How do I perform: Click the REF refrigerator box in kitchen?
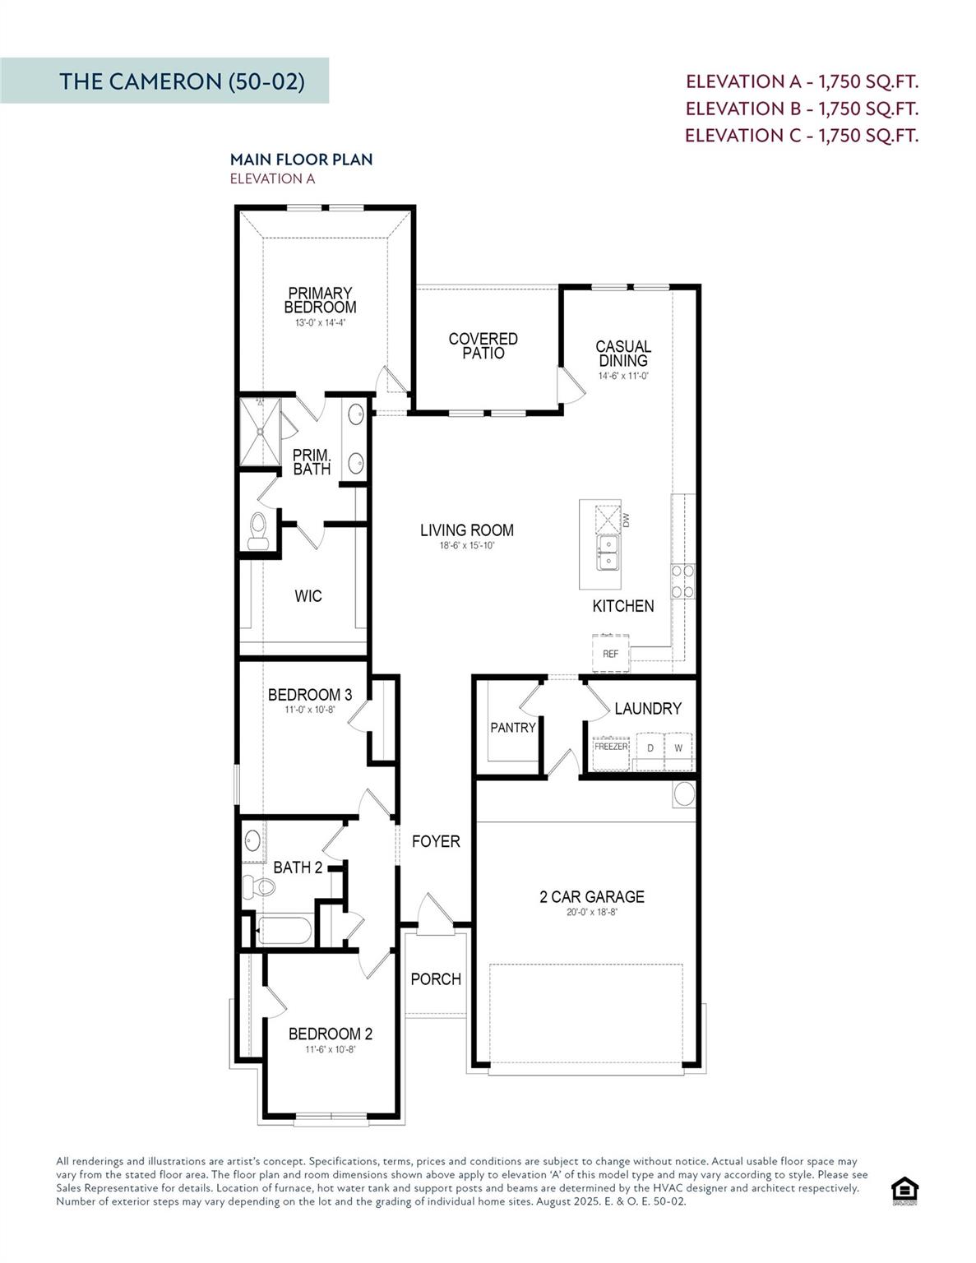point(610,653)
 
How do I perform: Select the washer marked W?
point(678,749)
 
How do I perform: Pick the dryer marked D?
point(650,749)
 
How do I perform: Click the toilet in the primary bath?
point(258,530)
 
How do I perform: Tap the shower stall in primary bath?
point(260,432)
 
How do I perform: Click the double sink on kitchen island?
point(608,553)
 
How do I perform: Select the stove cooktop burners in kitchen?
point(683,581)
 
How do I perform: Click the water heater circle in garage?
point(684,794)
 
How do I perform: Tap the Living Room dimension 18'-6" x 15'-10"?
point(467,546)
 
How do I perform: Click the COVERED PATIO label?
point(483,345)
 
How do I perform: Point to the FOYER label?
point(436,841)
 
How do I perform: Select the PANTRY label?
point(512,727)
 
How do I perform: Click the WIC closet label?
point(308,595)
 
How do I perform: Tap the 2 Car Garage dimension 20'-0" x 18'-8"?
point(591,912)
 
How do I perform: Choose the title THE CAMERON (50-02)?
point(182,81)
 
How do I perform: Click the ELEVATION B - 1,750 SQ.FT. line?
point(801,109)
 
